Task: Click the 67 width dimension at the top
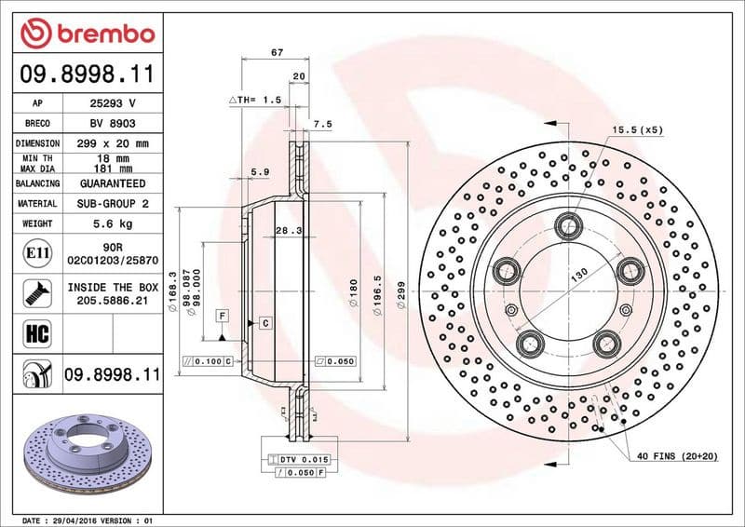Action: (277, 52)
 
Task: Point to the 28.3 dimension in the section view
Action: (289, 230)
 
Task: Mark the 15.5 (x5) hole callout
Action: (637, 129)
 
